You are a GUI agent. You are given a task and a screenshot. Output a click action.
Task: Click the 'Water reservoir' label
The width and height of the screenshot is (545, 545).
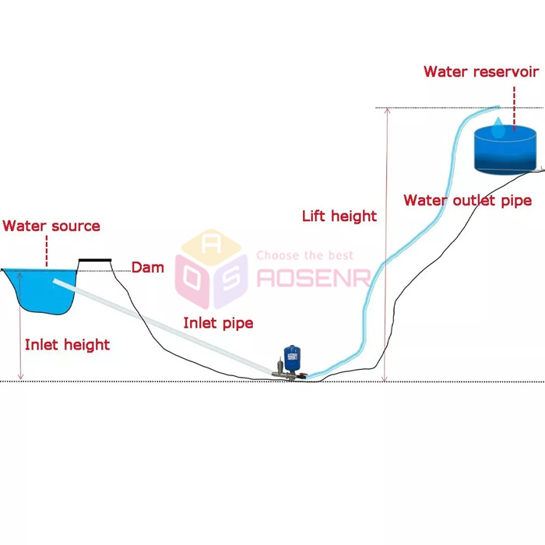click(x=481, y=72)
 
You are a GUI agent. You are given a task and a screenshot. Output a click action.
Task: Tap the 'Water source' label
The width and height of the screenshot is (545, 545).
click(x=51, y=226)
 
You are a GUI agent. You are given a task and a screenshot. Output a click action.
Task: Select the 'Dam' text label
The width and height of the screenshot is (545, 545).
click(x=147, y=268)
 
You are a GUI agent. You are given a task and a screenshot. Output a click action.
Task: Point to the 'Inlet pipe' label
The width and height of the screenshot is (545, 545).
click(x=218, y=322)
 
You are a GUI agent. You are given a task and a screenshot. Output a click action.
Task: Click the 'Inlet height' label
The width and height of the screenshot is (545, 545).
click(x=67, y=344)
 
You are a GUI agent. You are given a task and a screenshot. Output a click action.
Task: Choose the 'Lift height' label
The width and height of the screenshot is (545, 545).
click(x=339, y=216)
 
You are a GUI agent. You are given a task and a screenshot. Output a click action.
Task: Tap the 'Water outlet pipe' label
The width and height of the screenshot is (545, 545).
click(x=467, y=200)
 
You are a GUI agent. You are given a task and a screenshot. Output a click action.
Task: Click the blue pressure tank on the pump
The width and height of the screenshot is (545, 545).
click(x=292, y=359)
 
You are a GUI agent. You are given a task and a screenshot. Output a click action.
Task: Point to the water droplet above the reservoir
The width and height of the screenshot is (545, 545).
click(x=498, y=130)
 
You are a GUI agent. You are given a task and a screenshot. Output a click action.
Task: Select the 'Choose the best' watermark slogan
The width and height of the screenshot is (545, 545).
click(x=304, y=255)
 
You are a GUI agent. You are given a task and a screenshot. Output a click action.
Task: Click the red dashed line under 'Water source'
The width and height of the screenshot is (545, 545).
click(x=47, y=251)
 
